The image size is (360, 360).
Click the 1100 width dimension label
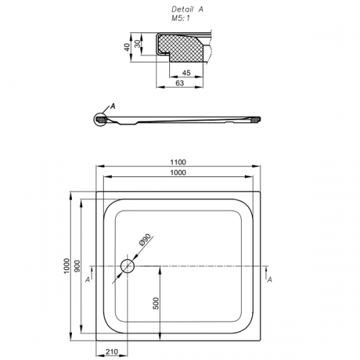pyautogui.click(x=178, y=162)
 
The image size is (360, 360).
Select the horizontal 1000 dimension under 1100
pyautogui.click(x=178, y=173)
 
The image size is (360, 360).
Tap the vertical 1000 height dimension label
pyautogui.click(x=66, y=266)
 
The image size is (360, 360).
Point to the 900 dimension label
pyautogui.click(x=77, y=266)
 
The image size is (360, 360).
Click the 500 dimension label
pyautogui.click(x=156, y=303)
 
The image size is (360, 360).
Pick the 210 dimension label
pyautogui.click(x=112, y=352)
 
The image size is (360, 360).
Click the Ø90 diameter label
pyautogui.click(x=145, y=240)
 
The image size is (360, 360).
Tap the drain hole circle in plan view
pyautogui.click(x=127, y=266)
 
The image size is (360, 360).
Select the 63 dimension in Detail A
pyautogui.click(x=179, y=83)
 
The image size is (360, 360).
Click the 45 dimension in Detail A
pyautogui.click(x=186, y=73)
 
